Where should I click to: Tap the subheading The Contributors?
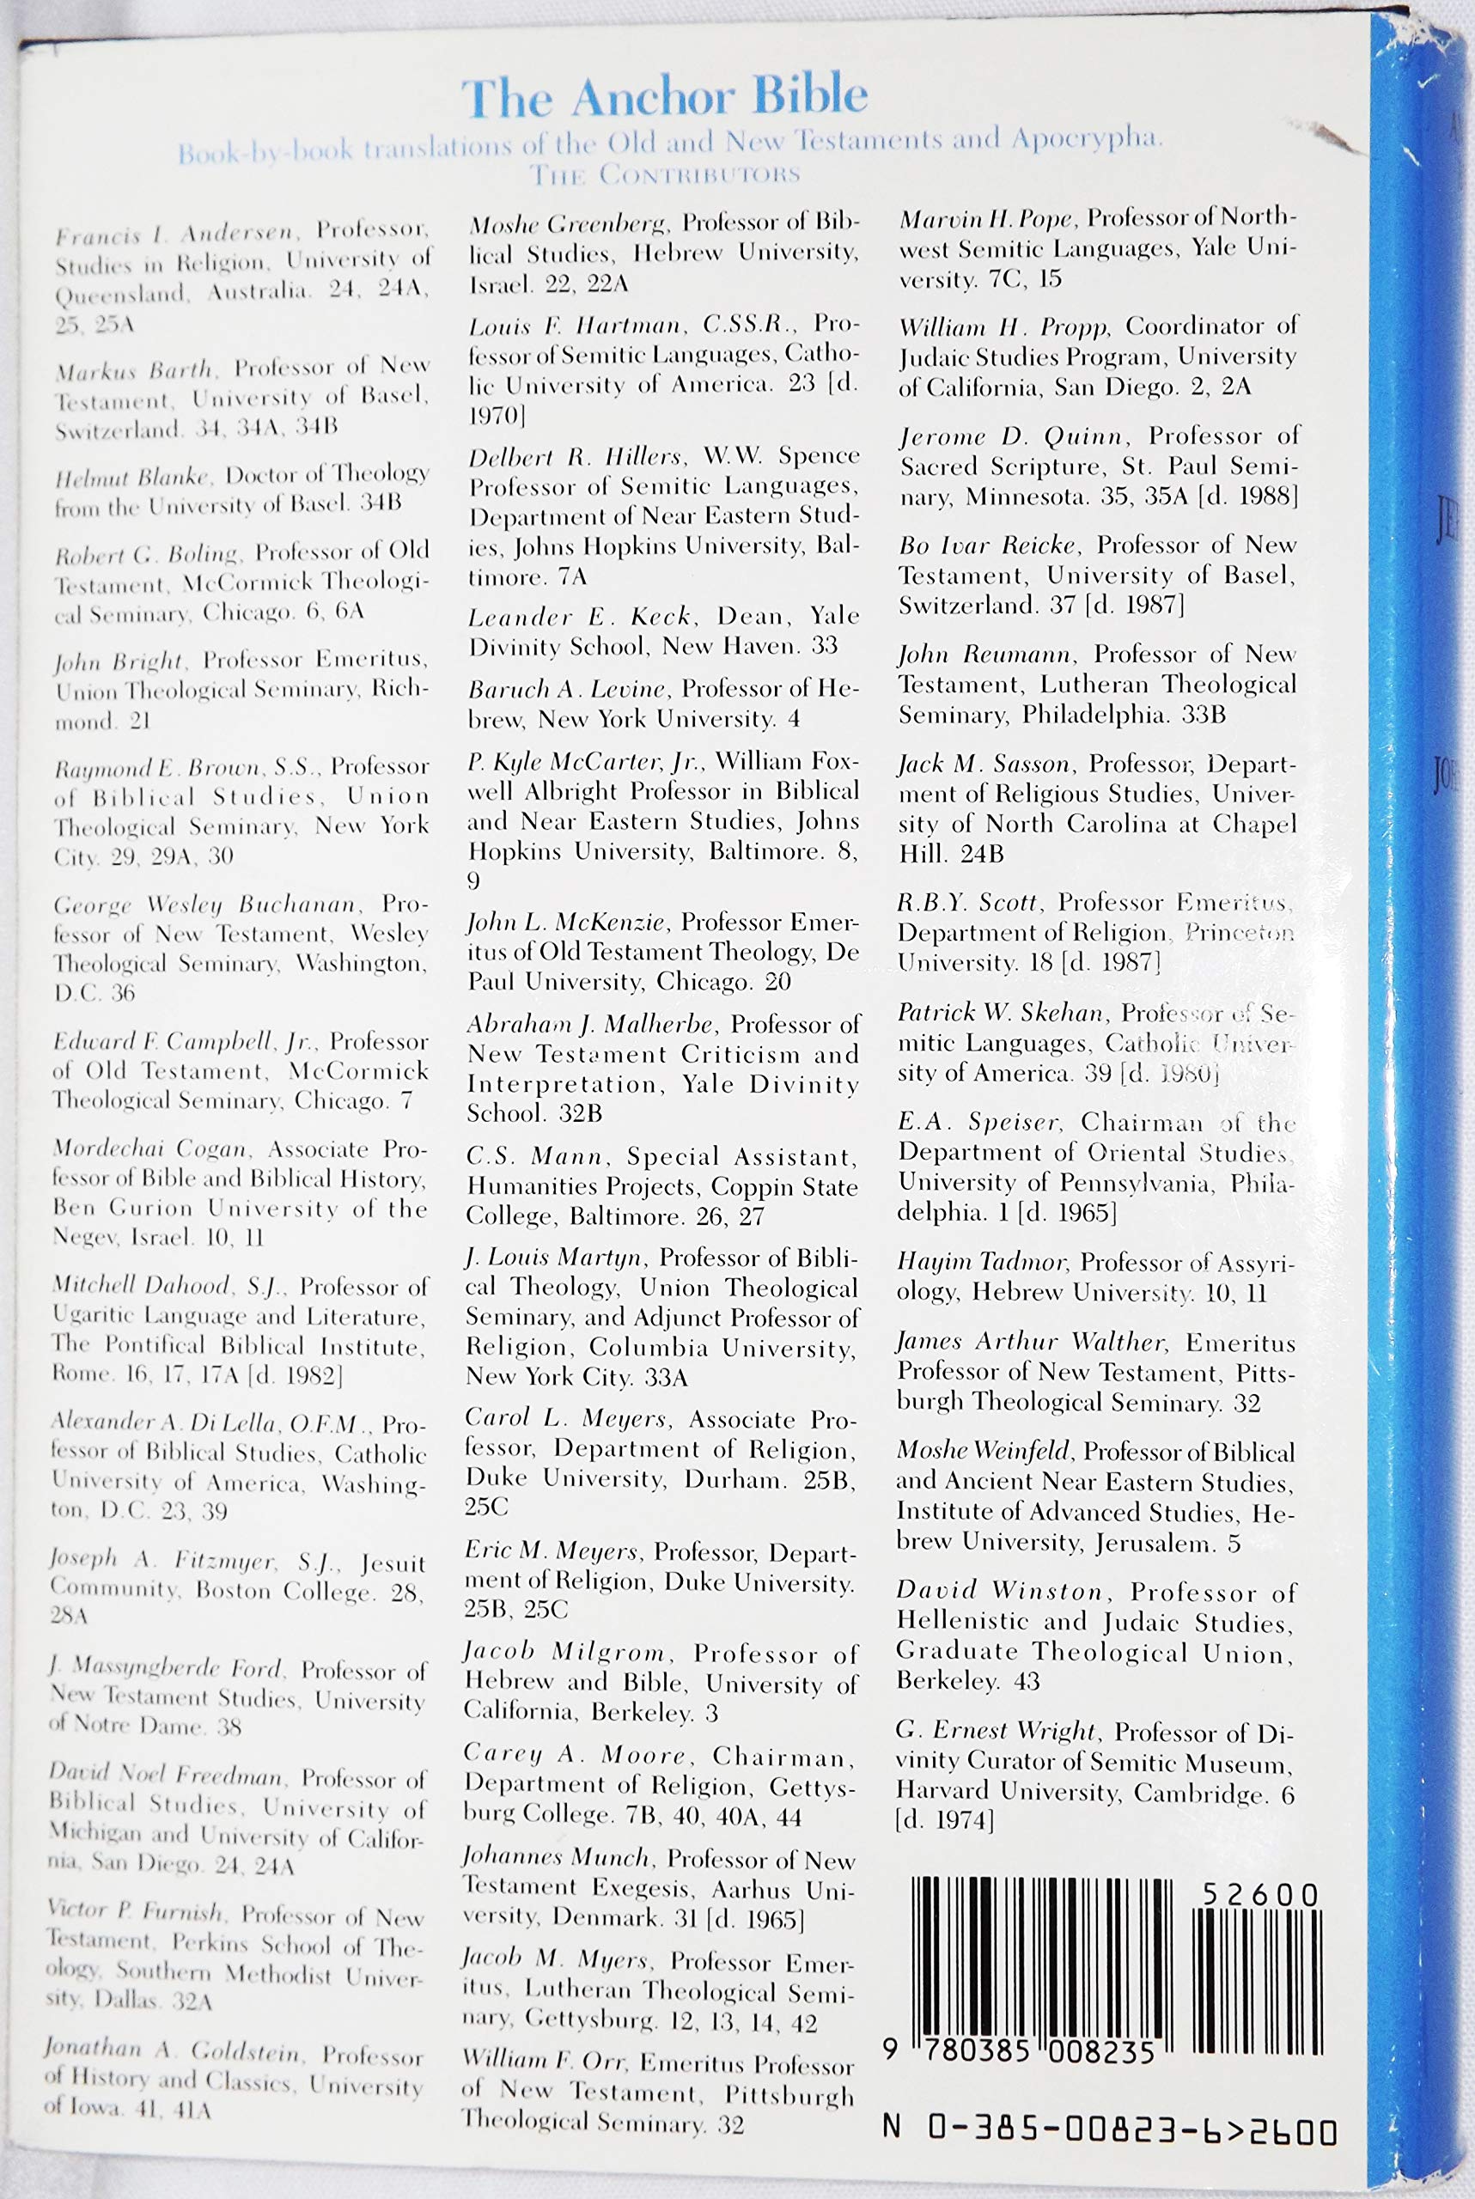664,175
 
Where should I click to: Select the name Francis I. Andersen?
177,234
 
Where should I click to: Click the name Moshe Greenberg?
568,224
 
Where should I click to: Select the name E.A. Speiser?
979,1122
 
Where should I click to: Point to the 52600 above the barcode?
1260,1894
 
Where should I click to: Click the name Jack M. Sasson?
984,764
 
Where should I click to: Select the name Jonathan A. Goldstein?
172,2050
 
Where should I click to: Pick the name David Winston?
999,1592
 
